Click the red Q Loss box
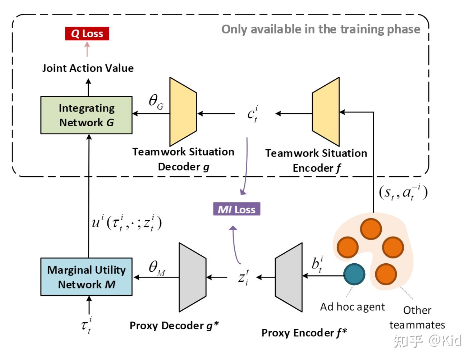click(x=87, y=34)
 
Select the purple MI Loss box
click(x=237, y=209)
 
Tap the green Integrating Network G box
click(x=86, y=115)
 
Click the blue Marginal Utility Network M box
click(x=86, y=277)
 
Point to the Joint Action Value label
click(x=88, y=68)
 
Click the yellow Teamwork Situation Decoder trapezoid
click(x=183, y=112)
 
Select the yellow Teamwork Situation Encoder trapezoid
click(x=326, y=112)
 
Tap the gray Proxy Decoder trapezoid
click(x=192, y=277)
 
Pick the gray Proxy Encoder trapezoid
click(x=289, y=277)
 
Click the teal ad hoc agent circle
click(x=354, y=274)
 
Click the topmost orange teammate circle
click(x=371, y=229)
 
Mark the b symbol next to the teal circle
click(x=317, y=264)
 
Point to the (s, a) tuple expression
click(x=403, y=192)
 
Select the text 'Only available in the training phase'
click(x=321, y=29)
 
